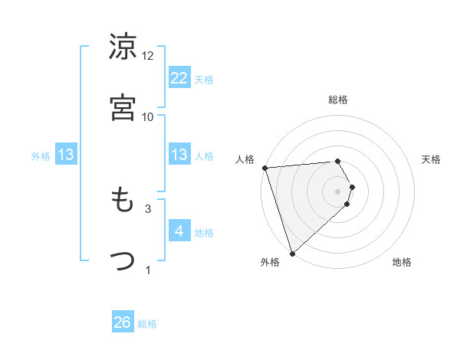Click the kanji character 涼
click(x=123, y=47)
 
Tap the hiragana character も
click(x=123, y=201)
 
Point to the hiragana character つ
click(x=123, y=260)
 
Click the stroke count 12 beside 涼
click(x=148, y=56)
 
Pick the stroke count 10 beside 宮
click(x=148, y=116)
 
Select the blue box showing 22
click(x=179, y=77)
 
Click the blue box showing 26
click(x=123, y=323)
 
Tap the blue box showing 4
click(x=179, y=231)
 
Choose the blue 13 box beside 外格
click(x=66, y=155)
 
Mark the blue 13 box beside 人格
click(x=179, y=155)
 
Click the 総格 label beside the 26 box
click(x=147, y=324)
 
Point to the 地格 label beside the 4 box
click(x=204, y=232)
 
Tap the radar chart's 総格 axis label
click(x=338, y=100)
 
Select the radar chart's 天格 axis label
click(x=432, y=159)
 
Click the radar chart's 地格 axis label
click(x=402, y=262)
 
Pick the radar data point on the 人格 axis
click(x=264, y=168)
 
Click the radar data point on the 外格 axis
click(x=292, y=253)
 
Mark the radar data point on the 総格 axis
click(x=338, y=161)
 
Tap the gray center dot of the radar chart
click(x=338, y=191)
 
